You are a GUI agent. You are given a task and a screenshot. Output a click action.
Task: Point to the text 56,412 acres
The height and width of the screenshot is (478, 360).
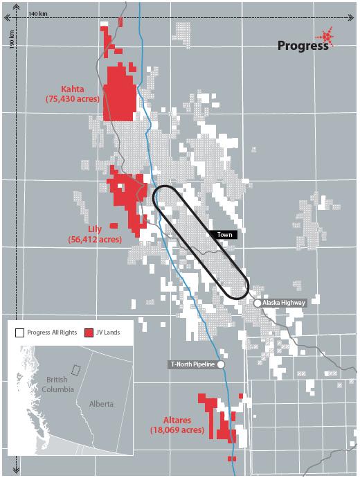pyautogui.click(x=95, y=240)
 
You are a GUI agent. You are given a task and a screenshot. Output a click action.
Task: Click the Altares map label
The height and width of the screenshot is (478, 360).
pyautogui.click(x=177, y=420)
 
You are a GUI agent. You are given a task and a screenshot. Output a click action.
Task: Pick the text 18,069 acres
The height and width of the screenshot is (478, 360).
pyautogui.click(x=177, y=430)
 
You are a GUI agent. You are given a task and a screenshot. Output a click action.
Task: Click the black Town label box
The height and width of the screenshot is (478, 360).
pyautogui.click(x=223, y=235)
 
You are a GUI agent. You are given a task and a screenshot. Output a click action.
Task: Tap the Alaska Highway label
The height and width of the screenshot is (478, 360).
pyautogui.click(x=283, y=303)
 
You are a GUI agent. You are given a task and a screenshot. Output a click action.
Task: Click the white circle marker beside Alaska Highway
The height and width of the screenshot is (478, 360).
pyautogui.click(x=258, y=303)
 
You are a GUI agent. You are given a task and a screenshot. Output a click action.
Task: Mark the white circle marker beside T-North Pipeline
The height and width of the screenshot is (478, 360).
pyautogui.click(x=222, y=364)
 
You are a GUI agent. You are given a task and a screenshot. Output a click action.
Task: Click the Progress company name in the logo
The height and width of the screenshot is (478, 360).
pyautogui.click(x=303, y=46)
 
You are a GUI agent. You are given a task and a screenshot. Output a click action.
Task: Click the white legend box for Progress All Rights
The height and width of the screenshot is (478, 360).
pyautogui.click(x=19, y=333)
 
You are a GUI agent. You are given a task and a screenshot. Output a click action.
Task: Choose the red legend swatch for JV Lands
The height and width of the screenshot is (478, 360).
pyautogui.click(x=88, y=333)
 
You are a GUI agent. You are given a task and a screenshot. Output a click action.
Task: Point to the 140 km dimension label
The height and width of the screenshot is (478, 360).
pyautogui.click(x=38, y=14)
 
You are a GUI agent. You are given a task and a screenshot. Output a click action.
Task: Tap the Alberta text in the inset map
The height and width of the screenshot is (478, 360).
pyautogui.click(x=100, y=403)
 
